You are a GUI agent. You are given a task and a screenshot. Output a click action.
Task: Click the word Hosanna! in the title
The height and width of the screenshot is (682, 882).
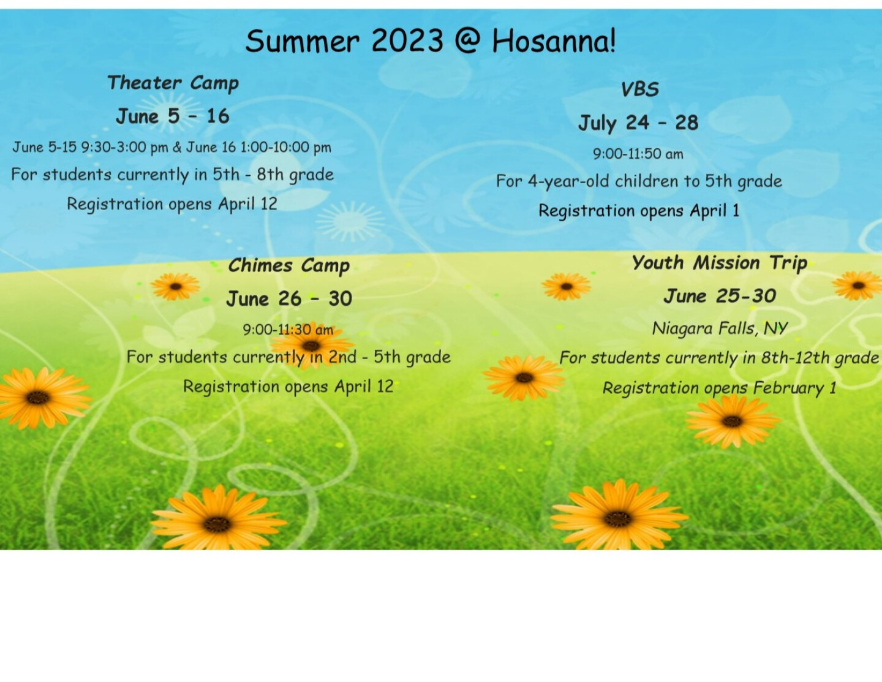click(554, 41)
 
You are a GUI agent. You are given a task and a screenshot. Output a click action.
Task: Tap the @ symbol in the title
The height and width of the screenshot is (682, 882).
click(467, 41)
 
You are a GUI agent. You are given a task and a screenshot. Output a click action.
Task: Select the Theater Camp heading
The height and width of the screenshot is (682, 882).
click(173, 83)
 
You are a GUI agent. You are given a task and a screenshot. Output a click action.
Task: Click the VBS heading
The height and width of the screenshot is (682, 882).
click(639, 89)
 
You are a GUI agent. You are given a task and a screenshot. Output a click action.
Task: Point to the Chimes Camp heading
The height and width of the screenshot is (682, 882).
click(288, 266)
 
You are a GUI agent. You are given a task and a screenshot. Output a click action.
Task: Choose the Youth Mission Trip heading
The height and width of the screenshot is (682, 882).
click(719, 263)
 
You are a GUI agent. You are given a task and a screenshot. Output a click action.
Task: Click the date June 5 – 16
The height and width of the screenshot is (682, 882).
click(173, 116)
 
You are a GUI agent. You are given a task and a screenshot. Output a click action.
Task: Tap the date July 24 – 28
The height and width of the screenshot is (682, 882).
click(638, 123)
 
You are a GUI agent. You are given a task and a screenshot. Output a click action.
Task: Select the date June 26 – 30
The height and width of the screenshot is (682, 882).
click(289, 299)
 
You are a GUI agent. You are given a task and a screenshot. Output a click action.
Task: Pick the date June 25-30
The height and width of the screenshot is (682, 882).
click(720, 295)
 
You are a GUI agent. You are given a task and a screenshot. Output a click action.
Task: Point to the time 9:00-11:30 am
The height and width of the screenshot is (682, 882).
click(288, 330)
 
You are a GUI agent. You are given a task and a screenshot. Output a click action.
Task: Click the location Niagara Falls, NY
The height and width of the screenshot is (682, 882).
click(720, 328)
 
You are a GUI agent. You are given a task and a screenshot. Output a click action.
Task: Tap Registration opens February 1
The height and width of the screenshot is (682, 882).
click(719, 388)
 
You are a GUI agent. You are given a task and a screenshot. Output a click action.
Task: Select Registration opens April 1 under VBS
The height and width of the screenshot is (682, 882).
click(639, 211)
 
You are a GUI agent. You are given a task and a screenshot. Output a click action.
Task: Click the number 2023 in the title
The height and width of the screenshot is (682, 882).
click(407, 41)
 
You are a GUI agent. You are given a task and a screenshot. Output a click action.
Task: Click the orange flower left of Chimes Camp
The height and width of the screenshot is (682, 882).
click(175, 286)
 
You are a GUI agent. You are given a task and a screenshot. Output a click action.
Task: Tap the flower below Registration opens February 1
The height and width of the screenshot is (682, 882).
click(732, 422)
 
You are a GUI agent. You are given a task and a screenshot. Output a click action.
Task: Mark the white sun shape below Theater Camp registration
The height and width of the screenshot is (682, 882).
click(350, 222)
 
